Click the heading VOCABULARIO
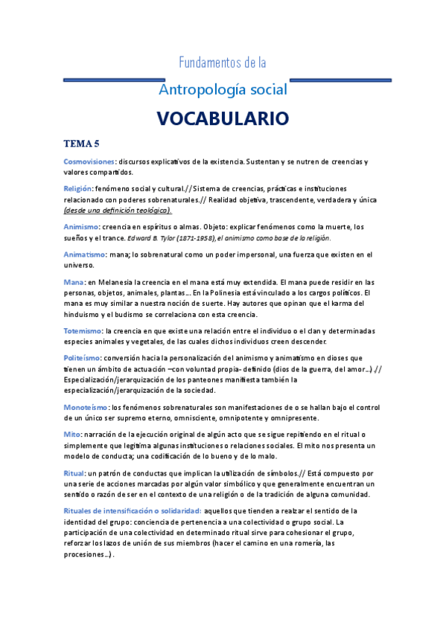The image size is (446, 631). point(223,119)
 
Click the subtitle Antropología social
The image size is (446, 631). point(223,90)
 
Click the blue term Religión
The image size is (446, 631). point(78,189)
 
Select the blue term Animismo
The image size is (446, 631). point(81,226)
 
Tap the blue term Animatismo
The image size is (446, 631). point(84,254)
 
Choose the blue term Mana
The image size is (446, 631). point(74,282)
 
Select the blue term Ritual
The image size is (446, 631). point(74,473)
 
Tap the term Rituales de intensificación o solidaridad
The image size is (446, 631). point(133,510)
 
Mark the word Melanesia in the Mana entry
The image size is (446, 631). point(115,282)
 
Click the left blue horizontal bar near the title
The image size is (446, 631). point(114,80)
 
